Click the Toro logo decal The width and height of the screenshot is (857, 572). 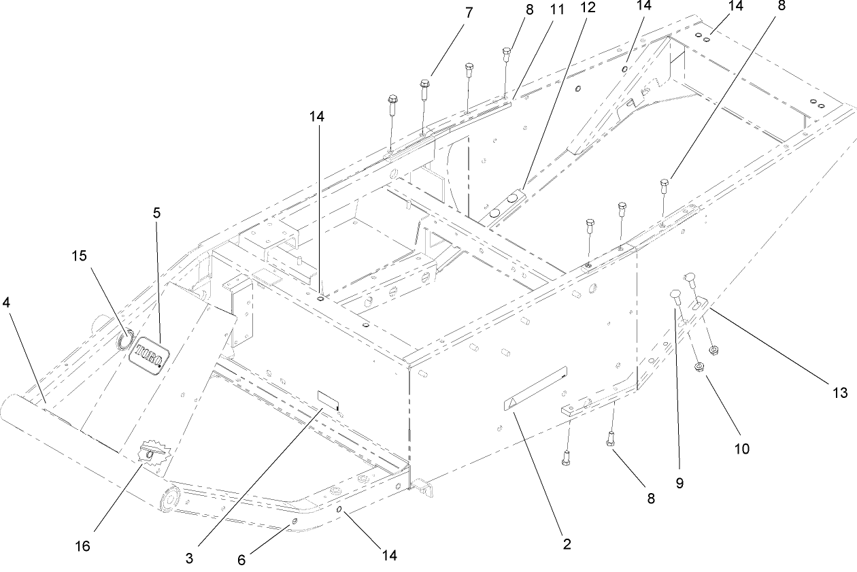(x=148, y=353)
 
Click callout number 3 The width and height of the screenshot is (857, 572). (x=189, y=559)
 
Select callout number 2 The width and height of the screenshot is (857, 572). (x=567, y=543)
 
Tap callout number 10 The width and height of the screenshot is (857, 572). (x=742, y=449)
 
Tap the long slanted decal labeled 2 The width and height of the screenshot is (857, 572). (x=536, y=390)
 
